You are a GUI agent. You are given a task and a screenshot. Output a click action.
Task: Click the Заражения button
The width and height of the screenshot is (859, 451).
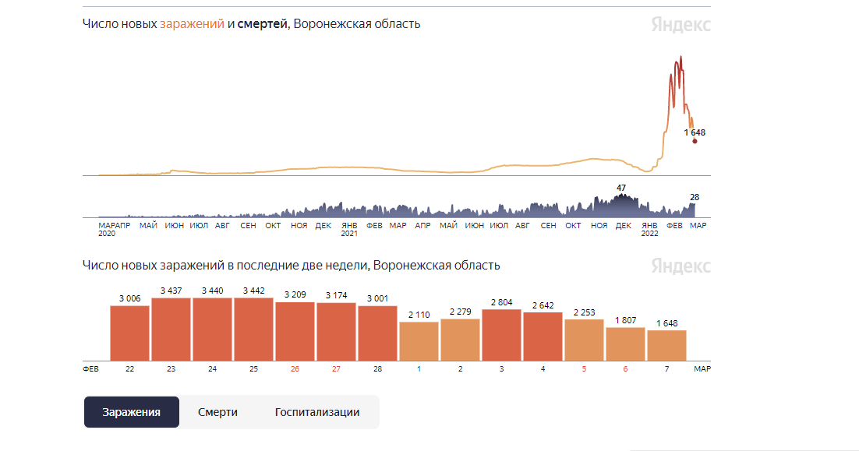(132, 412)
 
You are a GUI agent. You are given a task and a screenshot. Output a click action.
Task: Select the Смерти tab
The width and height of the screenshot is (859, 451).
(217, 412)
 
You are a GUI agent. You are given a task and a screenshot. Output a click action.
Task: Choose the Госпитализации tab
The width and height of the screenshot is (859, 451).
(317, 412)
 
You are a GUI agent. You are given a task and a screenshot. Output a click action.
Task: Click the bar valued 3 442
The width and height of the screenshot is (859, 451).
(253, 329)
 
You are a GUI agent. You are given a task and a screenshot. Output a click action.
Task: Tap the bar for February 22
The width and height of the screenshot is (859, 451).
(129, 333)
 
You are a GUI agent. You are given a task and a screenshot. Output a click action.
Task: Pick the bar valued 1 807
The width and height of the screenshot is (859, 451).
(625, 344)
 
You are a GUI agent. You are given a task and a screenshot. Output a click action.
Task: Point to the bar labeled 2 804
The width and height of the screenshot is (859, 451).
(501, 334)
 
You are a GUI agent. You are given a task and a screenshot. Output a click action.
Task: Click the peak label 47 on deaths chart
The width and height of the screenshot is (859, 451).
(621, 188)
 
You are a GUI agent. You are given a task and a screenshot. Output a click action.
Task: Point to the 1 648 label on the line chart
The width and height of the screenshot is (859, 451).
(695, 132)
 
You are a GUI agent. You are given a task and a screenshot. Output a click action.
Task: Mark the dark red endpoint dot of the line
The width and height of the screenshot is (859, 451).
(695, 141)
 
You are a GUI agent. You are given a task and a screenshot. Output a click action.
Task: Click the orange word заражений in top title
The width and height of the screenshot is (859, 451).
(192, 23)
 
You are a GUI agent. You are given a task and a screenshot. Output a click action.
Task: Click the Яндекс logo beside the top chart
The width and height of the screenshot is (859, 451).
(680, 24)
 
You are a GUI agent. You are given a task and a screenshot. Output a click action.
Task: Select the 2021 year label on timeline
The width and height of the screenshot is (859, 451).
(349, 234)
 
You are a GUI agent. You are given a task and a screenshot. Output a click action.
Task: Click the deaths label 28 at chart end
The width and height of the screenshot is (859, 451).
(695, 197)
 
